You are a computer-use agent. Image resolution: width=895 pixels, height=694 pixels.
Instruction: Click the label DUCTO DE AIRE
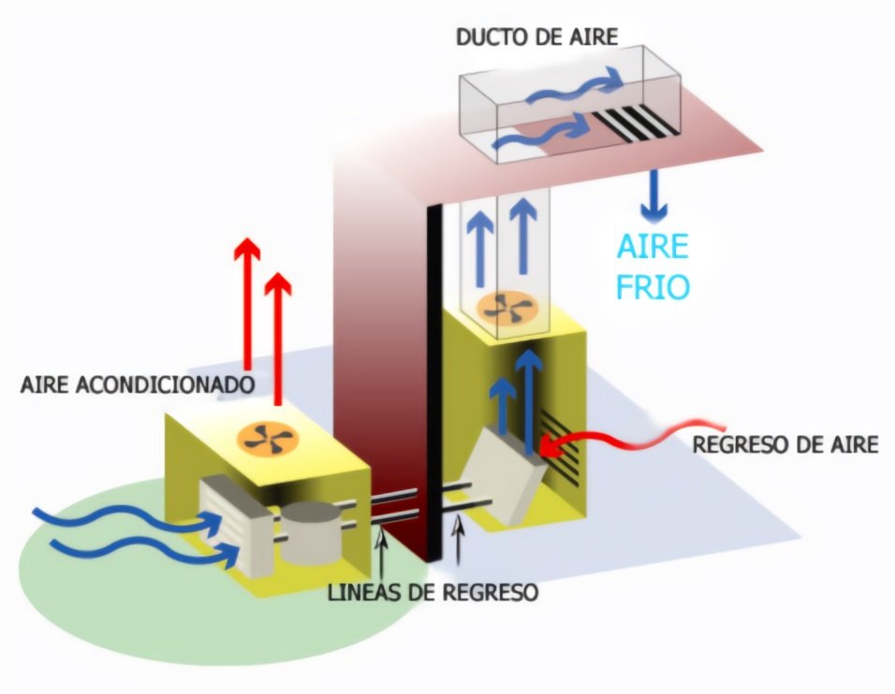coord(536,38)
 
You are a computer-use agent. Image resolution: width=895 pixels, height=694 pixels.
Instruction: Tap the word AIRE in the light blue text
coord(653,247)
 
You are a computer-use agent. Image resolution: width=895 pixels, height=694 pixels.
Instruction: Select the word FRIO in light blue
coord(653,285)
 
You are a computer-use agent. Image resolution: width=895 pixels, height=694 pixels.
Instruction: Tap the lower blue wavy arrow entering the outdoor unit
coord(150,552)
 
